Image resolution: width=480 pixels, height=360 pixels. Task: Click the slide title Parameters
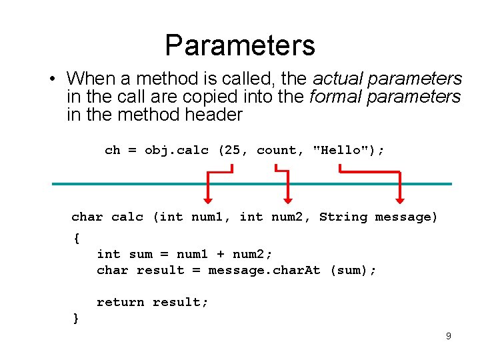pos(240,45)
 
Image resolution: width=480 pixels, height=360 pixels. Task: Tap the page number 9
pos(449,336)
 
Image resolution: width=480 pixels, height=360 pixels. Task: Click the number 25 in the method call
pos(233,150)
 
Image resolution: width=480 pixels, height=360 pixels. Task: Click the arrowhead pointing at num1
pos(207,198)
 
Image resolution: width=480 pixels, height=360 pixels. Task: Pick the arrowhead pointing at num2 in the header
pos(288,198)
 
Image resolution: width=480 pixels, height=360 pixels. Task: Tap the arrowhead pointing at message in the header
pos(400,198)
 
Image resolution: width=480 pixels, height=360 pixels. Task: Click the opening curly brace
pos(76,237)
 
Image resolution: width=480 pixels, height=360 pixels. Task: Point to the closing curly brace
pos(76,318)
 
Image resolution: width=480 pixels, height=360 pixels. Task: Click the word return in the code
pos(121,302)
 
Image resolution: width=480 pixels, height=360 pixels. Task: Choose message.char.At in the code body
pos(265,270)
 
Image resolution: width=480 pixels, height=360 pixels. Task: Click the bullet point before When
pos(51,79)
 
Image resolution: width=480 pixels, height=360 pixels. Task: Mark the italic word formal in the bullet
pos(333,97)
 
